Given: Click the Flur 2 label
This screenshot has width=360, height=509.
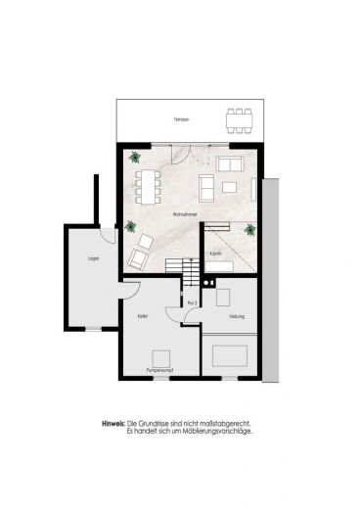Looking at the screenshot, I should (x=192, y=304).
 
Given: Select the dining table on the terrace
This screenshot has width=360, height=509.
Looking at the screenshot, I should (x=239, y=119).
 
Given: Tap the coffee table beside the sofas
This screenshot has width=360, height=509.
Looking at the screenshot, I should (x=229, y=185).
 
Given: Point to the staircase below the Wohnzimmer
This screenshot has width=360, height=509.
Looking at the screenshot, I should (x=178, y=266).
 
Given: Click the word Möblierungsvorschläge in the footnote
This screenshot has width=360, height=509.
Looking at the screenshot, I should (x=215, y=430).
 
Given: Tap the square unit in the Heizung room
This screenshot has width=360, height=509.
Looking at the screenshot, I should (x=223, y=298).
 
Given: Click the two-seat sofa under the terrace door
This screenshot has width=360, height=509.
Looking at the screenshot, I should (x=230, y=162).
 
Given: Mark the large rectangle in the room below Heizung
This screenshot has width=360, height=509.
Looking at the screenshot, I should (x=230, y=353).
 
